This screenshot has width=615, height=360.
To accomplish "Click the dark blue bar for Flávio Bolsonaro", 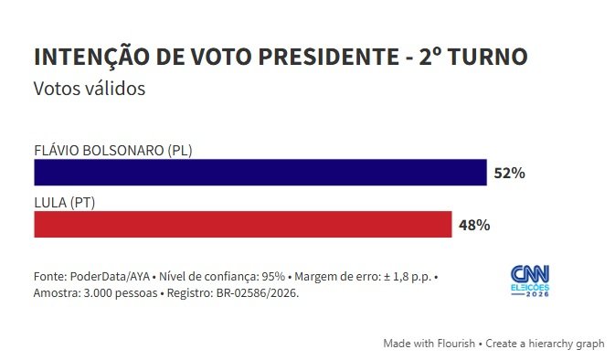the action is pos(260,172).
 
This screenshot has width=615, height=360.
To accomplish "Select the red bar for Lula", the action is pos(243,224).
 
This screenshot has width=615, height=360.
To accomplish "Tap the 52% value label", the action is pos(509,173).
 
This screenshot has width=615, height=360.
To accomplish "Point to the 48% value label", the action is pos(474,225).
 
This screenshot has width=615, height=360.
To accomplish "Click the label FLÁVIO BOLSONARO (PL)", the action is pos(113,151).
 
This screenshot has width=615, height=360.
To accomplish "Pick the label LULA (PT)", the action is pos(64,203).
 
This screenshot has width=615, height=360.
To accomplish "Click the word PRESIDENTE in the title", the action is pos(329,57).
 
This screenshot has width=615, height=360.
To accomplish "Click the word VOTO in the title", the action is pos(221,57).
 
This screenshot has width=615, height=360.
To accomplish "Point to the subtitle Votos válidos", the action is pos(90,89).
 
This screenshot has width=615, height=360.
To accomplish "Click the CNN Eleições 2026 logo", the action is pos(530,281).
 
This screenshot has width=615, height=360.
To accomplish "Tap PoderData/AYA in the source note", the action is pos(110,277).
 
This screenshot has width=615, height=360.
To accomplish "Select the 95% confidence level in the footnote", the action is pos(273,277).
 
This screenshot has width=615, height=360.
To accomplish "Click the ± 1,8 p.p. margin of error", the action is pos(408,277).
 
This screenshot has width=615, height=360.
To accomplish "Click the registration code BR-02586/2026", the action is pos(258,293).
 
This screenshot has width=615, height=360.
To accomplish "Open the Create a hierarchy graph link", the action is pos(545,344).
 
